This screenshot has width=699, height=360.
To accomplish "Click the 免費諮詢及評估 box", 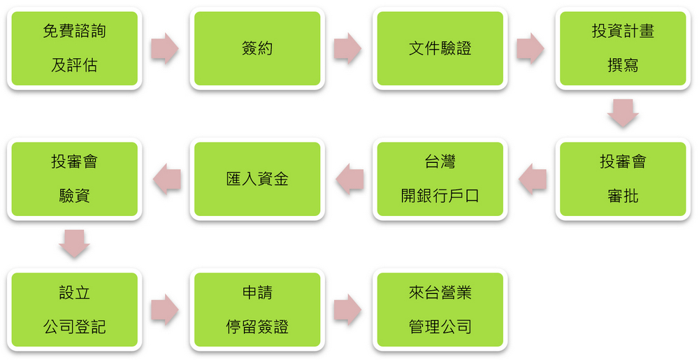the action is tap(75, 48).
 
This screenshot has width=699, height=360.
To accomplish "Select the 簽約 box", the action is tap(257, 48).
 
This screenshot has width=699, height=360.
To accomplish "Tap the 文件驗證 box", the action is tap(440, 48).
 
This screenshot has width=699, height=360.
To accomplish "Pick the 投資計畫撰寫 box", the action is tap(623, 48).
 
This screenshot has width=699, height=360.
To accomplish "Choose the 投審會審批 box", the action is tap(623, 179).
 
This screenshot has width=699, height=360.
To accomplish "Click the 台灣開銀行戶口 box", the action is tap(440, 179).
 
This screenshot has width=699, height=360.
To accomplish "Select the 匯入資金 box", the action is tap(257, 179).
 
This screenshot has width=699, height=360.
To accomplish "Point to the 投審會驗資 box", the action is tap(75, 179).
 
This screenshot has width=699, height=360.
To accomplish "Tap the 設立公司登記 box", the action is tap(75, 310).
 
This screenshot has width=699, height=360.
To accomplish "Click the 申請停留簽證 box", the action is tap(257, 310).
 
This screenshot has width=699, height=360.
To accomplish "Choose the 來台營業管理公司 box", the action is tap(440, 310).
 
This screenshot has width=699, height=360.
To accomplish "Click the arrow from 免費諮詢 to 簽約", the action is tap(164, 48).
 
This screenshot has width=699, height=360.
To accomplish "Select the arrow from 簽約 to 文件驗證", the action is tap(347, 48).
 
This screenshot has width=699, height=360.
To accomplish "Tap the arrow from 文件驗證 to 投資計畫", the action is tap(530, 48).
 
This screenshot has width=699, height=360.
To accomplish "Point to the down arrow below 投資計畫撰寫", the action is tap(623, 113).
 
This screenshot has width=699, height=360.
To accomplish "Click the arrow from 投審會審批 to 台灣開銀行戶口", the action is tap(533, 179).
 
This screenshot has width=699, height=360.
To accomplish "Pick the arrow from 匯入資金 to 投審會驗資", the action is tap(167, 179).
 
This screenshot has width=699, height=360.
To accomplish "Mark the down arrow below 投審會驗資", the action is tap(75, 243).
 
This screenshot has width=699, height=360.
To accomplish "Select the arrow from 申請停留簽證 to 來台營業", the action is tap(347, 309).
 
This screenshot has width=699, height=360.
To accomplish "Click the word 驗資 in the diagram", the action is tap(75, 196).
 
